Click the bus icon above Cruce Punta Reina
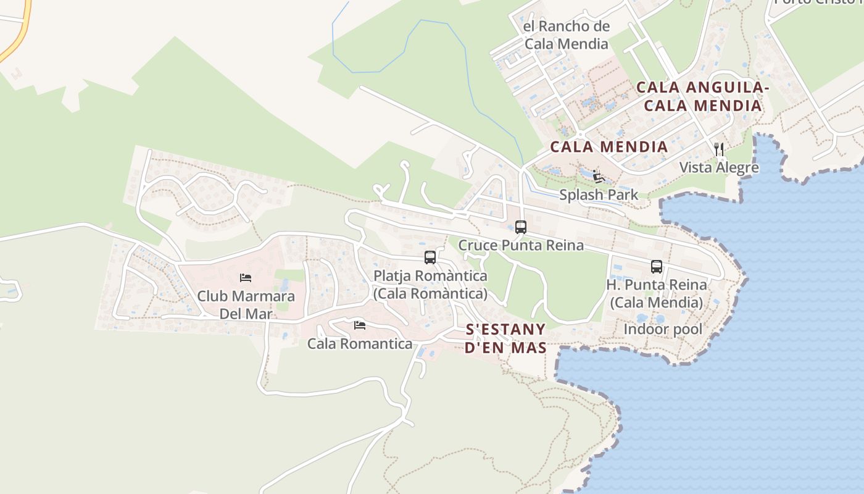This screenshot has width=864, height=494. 521,227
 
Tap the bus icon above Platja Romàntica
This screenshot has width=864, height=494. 430,257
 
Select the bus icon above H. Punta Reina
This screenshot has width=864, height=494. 657,267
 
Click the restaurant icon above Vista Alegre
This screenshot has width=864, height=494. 718,149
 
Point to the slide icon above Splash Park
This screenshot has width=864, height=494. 597,177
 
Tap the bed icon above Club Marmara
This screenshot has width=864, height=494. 246,278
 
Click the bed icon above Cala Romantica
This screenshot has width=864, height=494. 360,325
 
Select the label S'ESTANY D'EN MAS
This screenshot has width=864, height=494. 505,338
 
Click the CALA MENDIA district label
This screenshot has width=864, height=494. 609,147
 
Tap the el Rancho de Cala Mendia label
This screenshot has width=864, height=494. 566,35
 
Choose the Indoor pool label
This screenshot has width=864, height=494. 663,329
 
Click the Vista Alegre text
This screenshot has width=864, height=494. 719,167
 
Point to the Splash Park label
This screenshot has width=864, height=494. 599,195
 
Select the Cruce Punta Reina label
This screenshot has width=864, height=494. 521,245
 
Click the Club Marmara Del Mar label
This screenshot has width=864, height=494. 246,304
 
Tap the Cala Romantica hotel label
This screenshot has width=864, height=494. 360,344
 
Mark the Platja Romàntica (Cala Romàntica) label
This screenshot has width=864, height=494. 430,285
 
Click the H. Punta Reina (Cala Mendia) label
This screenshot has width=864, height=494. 657,294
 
